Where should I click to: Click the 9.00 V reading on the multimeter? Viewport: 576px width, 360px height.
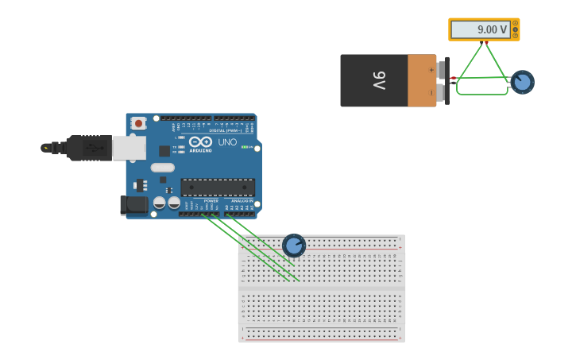tap(481, 29)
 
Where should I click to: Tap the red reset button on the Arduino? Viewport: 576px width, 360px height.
tap(139, 123)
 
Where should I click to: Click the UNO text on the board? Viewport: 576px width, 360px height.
tap(227, 142)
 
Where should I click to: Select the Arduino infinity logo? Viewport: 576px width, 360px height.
tap(200, 141)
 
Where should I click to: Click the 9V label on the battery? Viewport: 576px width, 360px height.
tap(379, 80)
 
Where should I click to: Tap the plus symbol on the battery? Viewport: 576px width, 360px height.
tap(431, 70)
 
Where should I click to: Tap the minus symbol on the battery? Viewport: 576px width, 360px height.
tap(431, 92)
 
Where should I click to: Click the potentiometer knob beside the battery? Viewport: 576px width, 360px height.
tap(522, 82)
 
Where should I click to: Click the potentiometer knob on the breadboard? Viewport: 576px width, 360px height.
tap(294, 246)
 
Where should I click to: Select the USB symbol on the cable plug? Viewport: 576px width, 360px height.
tap(95, 148)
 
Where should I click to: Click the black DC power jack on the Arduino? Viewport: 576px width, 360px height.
tap(133, 205)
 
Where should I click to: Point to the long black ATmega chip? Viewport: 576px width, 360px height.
tap(218, 188)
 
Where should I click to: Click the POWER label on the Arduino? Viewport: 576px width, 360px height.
tap(211, 201)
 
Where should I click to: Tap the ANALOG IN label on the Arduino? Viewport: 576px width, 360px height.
tap(242, 201)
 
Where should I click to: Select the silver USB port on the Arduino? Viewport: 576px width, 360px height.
tap(129, 148)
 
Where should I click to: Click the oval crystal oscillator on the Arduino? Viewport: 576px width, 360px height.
tap(162, 168)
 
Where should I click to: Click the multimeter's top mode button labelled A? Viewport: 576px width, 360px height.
tap(515, 22)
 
